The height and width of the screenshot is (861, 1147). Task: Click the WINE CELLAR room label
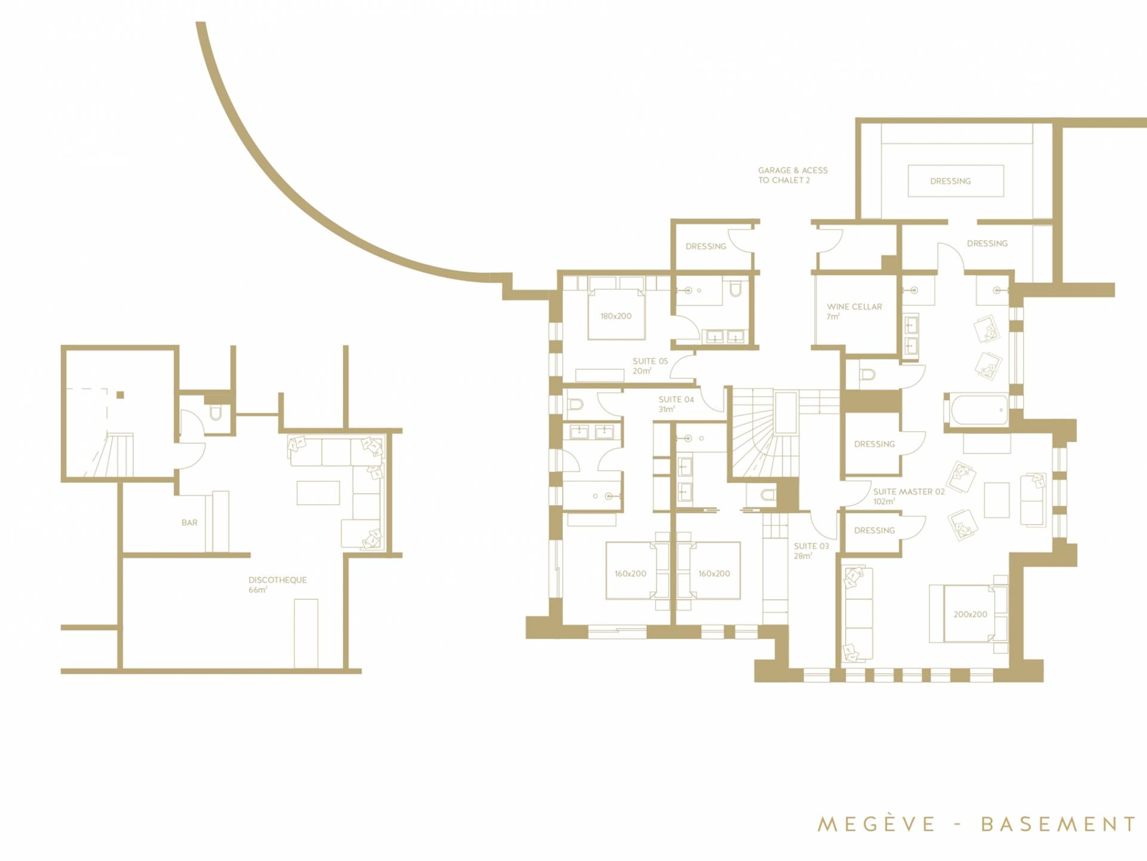pos(854,307)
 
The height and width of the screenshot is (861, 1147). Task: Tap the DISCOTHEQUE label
pos(278,580)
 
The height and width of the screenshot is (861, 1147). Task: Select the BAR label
pos(189,523)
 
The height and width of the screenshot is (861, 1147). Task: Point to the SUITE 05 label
pos(651,361)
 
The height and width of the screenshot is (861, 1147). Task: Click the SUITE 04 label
pos(676,399)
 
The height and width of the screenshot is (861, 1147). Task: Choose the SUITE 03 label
pos(811,546)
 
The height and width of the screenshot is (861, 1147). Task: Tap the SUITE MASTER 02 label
pos(909,491)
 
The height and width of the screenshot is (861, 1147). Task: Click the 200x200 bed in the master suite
pos(968,614)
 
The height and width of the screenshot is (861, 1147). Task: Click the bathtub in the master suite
pos(976,410)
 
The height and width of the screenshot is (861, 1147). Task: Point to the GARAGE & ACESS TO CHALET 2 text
pos(793,175)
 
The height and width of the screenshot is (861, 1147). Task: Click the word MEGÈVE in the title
pos(876,824)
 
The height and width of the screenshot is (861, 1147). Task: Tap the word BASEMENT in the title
pos(1058,824)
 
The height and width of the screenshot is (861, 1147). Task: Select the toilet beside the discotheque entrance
pos(216,412)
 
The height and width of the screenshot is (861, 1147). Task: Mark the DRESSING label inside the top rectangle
pos(950,181)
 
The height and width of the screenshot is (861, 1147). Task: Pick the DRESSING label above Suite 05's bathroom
pos(706,246)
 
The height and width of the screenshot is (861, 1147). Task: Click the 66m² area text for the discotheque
pos(258,590)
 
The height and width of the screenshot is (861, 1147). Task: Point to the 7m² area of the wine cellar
pos(833,317)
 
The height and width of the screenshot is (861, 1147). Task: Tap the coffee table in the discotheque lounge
pos(318,493)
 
